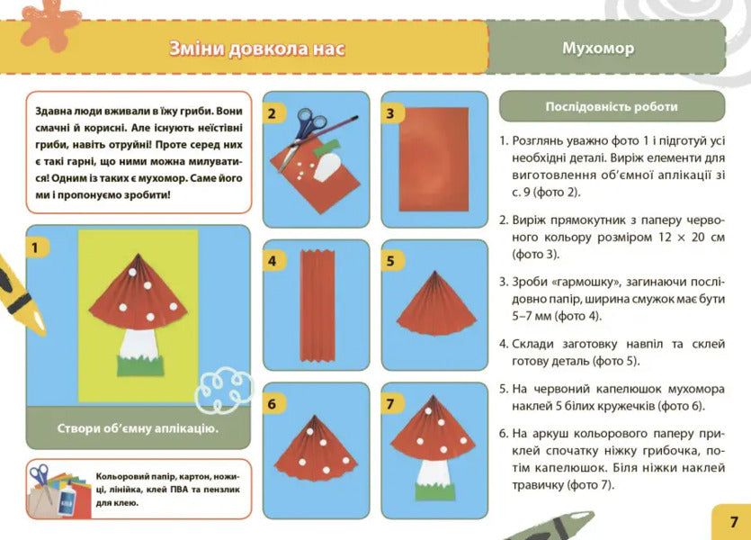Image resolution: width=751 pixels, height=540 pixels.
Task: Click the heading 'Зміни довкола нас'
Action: (257, 48)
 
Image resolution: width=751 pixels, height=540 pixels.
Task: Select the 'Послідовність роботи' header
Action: (612, 107)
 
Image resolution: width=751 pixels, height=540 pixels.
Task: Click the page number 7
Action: (734, 521)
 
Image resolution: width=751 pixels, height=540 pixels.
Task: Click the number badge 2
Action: (271, 114)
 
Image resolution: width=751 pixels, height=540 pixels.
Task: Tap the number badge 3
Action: (390, 114)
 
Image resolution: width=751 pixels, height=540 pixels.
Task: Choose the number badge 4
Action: (271, 262)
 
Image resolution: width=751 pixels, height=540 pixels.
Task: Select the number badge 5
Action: (390, 262)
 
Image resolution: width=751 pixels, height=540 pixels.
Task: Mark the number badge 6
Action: (271, 404)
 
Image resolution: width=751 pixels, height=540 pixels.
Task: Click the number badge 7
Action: (390, 404)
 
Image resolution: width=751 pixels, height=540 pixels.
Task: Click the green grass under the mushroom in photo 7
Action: (434, 491)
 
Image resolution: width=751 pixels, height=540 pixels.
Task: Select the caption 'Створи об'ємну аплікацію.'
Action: (138, 427)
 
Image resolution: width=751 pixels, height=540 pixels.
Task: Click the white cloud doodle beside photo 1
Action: (220, 388)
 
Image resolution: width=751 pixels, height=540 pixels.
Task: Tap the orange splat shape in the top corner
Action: (51, 22)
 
